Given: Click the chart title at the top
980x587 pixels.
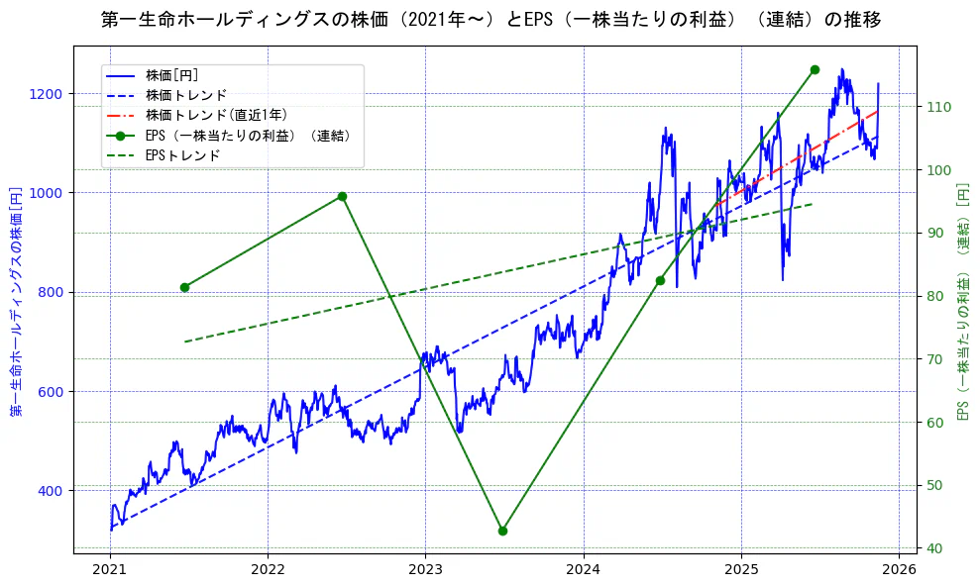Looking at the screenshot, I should click(x=490, y=20).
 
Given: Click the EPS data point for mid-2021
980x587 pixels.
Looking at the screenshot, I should click(x=184, y=287).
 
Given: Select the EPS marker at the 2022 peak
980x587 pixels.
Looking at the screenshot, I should click(x=342, y=196).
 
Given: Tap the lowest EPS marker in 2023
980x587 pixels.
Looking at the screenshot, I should click(x=502, y=531).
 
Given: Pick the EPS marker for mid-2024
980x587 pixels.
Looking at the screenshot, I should click(x=660, y=280).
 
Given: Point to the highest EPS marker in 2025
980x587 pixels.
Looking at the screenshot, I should click(x=815, y=69).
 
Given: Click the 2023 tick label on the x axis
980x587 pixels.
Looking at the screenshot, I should click(x=425, y=570).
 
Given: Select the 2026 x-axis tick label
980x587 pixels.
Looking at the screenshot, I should click(x=899, y=570).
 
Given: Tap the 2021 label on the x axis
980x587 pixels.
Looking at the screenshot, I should click(x=110, y=570).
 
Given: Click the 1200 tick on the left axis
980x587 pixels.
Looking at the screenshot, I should click(x=47, y=94).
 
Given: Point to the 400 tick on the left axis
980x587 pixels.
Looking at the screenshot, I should click(x=51, y=491).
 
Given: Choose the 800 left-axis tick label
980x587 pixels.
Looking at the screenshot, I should click(x=51, y=292).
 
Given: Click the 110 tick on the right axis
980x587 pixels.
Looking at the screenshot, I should click(x=938, y=107).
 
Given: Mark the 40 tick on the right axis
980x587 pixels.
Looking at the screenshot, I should click(x=934, y=548).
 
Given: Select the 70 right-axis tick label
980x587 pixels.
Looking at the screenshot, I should click(x=934, y=359).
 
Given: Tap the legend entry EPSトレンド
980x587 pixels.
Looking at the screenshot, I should click(x=182, y=155).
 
